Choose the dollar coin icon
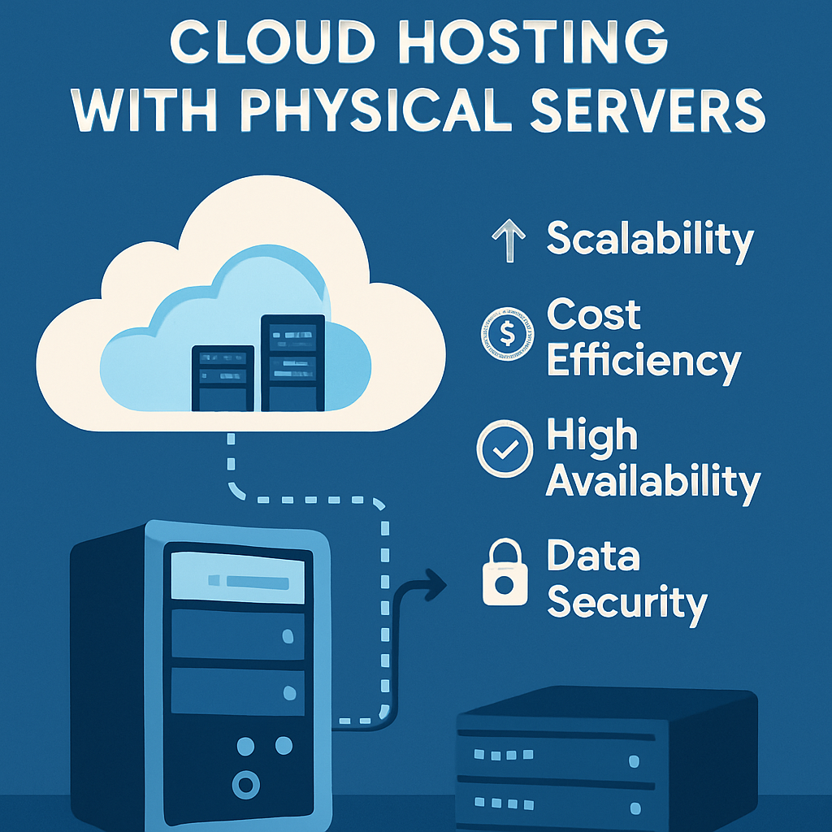coord(504,332)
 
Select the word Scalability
coord(650,240)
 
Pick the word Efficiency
coord(643,361)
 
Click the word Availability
coord(652,481)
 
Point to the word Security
coord(626,604)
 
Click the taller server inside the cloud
coord(292,362)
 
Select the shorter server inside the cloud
coord(223,378)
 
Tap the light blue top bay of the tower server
coord(238,579)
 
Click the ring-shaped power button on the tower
coord(245,784)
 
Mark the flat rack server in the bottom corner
coord(605,760)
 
